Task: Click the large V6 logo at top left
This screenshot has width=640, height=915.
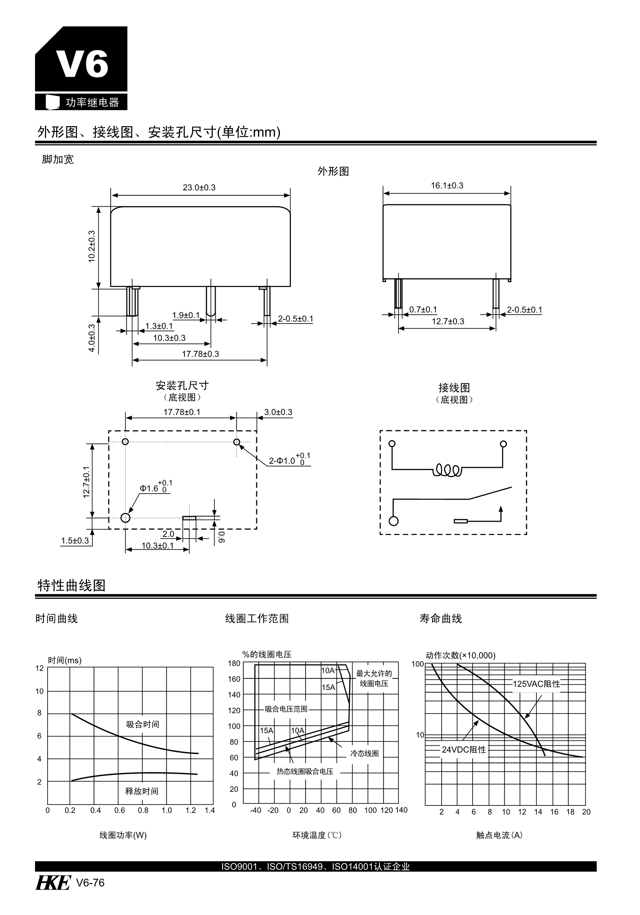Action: coord(81,64)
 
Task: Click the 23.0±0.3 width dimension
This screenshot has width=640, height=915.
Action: coord(199,187)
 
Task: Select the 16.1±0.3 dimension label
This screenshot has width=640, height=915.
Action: coord(447,185)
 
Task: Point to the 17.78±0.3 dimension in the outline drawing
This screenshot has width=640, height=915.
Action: coord(200,354)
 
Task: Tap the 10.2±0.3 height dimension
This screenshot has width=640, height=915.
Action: coord(91,246)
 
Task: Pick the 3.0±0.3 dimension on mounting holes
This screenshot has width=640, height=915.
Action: coord(278,412)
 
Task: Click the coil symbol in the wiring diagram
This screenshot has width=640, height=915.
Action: coord(447,470)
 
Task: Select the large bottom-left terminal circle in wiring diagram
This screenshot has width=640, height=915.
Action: coord(393,521)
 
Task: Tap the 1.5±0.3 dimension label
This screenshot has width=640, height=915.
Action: coord(75,541)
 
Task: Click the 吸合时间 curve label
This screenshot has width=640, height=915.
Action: coord(143,724)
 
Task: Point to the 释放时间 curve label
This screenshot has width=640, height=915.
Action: coord(142,791)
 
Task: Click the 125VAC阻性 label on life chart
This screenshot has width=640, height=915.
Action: coord(536,684)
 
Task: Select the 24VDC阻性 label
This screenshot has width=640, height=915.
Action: coord(463,750)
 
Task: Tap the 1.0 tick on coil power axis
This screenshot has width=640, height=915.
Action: coord(167,810)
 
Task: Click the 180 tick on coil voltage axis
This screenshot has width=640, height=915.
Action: coord(234,663)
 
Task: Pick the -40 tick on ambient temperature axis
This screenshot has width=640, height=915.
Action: coord(255,810)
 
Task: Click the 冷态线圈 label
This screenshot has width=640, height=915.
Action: coord(364,753)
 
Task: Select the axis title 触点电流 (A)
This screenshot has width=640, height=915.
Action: coord(499,835)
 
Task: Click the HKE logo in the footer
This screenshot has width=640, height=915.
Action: coord(53,883)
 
